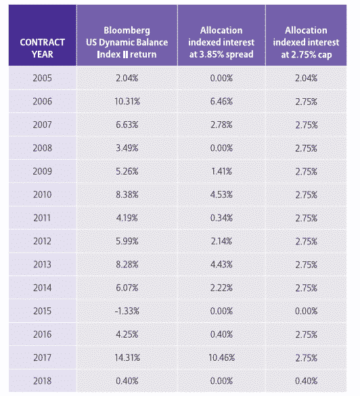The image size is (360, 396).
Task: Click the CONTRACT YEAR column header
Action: [43, 48]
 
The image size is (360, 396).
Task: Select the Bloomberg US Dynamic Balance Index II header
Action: [127, 42]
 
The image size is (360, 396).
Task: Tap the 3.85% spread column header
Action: [221, 42]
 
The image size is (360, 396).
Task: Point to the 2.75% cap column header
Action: [307, 42]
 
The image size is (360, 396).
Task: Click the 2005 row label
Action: [43, 78]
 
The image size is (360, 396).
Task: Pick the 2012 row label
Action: [43, 241]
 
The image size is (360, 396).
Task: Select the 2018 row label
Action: [43, 381]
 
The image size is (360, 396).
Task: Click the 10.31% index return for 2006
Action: [127, 102]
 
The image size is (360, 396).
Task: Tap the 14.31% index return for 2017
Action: [127, 357]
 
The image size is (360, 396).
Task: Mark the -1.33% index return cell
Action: [127, 311]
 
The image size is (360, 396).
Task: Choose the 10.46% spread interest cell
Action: [222, 357]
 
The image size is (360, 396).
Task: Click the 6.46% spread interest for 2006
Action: [221, 102]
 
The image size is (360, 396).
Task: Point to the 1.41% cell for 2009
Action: [221, 171]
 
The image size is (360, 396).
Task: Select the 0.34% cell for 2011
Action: [221, 218]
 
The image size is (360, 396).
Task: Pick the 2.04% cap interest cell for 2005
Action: [307, 78]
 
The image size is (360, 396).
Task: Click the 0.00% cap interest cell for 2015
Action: [307, 311]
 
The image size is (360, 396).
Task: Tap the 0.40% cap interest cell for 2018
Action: [307, 381]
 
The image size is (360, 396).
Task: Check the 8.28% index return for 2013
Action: [127, 265]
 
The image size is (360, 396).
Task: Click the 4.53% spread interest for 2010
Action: [221, 195]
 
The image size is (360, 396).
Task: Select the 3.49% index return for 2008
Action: [127, 148]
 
